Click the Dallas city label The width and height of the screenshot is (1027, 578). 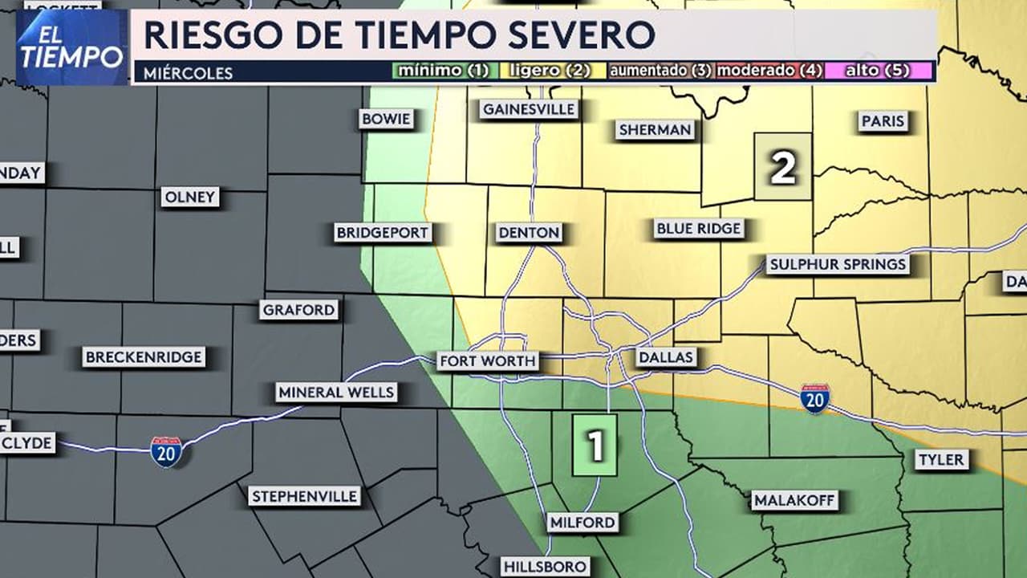(666, 358)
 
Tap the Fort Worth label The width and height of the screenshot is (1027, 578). (487, 361)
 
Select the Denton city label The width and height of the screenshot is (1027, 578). (529, 233)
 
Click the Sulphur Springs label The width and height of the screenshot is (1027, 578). (837, 264)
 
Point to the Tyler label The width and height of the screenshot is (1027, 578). (941, 460)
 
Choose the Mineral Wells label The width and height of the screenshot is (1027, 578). (336, 393)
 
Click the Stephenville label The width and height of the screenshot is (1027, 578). (304, 496)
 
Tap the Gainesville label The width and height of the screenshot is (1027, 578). (529, 110)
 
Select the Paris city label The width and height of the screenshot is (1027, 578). (883, 121)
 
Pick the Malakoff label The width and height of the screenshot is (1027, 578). (794, 501)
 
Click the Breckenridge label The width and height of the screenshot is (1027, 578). (144, 357)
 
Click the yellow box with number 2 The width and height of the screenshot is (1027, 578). (783, 167)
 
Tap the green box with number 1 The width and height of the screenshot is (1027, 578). (595, 446)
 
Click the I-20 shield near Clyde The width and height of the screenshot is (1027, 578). (166, 451)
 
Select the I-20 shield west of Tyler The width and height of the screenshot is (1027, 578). (814, 398)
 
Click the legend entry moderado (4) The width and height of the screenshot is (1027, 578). (769, 71)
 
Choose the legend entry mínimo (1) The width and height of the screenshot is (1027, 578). (443, 71)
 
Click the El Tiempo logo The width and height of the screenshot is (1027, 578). (72, 47)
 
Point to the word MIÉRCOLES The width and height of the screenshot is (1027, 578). (189, 73)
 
